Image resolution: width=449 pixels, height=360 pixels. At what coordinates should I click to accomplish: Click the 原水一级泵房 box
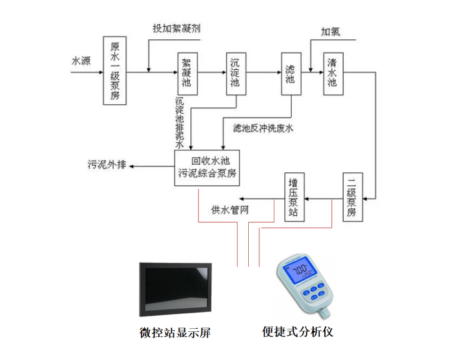pos(115,71)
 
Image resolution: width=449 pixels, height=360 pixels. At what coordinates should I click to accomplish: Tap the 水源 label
pos(81,61)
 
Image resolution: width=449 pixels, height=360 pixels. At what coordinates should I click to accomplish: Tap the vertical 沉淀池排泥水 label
pos(180,122)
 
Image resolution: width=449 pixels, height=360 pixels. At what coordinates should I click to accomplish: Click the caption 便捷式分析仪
pos(297,332)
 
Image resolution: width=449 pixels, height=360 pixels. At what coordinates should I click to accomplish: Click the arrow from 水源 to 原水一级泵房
pos(87,72)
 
